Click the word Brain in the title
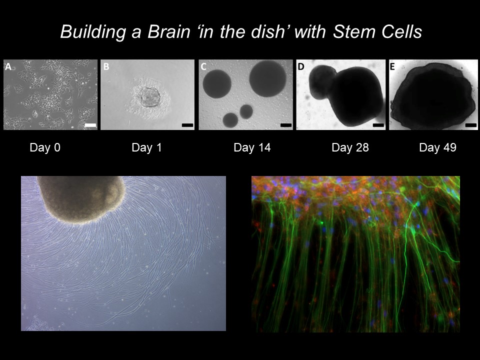pos(168,31)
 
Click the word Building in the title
pos(93,32)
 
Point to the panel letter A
pos(8,66)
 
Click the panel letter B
pos(106,66)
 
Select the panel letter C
pos(204,66)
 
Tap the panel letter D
pos(301,66)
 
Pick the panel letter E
pos(392,66)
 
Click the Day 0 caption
pos(45,147)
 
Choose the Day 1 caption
pos(146,147)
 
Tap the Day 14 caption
pos(252,147)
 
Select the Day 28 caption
pos(350,147)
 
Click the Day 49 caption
pos(438,147)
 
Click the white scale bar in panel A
pos(90,125)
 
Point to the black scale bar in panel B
pos(187,125)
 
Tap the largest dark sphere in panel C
pos(268,78)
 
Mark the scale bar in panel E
pos(471,125)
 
